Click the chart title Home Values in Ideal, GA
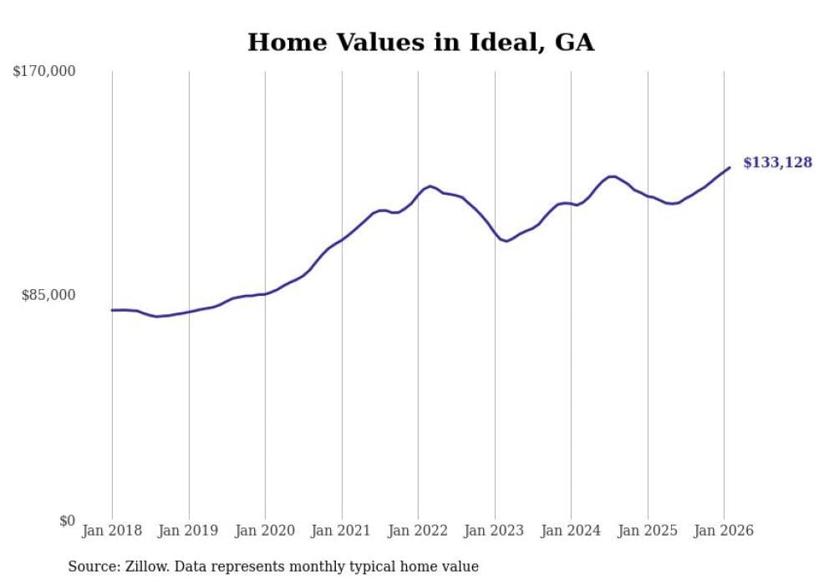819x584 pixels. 420,43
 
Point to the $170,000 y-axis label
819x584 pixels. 44,72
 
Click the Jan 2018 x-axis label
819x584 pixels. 112,531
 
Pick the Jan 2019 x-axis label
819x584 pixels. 189,531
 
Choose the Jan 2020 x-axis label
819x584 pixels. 265,531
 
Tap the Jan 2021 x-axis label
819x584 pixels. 342,531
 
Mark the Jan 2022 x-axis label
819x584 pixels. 418,531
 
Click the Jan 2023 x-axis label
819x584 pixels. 495,531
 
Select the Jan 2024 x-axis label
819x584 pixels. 571,531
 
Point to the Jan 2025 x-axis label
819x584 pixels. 648,531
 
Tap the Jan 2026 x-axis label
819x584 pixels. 724,531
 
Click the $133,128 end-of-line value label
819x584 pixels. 777,163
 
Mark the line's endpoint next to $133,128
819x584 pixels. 730,168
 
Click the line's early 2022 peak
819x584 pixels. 430,186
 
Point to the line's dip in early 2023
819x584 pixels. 506,241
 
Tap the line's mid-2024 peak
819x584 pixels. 613,176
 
